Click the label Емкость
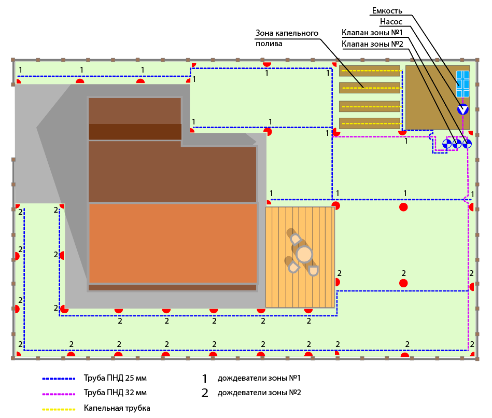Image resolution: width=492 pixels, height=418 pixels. (x=387, y=11)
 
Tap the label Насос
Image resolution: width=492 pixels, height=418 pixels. (x=391, y=22)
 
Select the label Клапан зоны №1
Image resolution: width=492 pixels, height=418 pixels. (x=372, y=33)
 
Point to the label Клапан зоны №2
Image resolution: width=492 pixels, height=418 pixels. (x=372, y=44)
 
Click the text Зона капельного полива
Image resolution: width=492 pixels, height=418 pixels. (x=286, y=38)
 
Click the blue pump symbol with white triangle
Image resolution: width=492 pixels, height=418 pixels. (x=462, y=109)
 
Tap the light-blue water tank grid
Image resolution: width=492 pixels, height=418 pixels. (x=462, y=83)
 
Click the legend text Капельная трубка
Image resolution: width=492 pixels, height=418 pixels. (x=117, y=408)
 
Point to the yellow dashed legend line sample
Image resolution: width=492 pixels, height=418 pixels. (x=59, y=409)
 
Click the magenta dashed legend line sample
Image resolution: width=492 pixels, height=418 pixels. (x=59, y=393)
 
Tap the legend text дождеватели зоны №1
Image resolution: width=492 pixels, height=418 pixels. (x=259, y=378)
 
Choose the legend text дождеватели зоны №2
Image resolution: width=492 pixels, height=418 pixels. (x=259, y=393)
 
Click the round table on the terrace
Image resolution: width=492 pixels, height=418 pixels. (x=304, y=254)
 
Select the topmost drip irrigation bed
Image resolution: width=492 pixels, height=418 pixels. (x=369, y=71)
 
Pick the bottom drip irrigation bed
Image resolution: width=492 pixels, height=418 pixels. (x=369, y=123)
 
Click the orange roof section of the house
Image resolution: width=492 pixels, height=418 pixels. (x=173, y=243)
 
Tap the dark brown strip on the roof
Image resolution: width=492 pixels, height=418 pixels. (x=135, y=132)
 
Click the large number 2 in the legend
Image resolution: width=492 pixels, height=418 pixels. (x=205, y=393)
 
